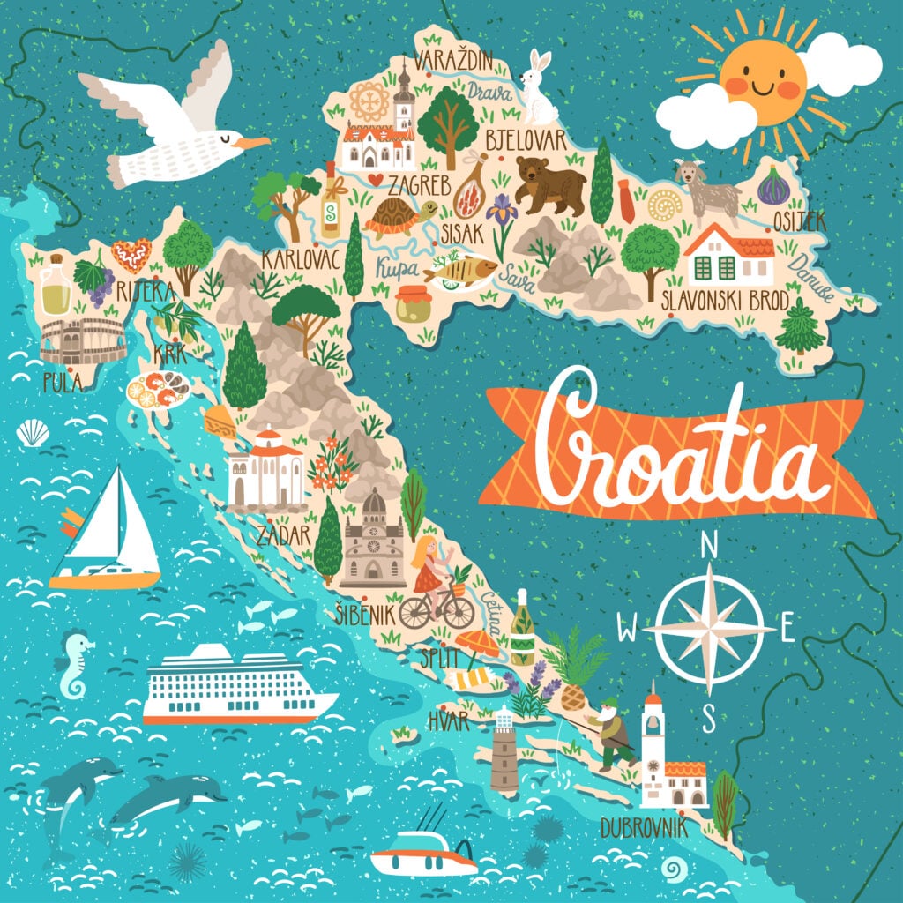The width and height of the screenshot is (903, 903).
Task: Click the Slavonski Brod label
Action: tap(725, 300)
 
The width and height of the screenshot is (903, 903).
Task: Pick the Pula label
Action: tap(62, 381)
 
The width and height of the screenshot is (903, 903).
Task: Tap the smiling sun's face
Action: tap(762, 81)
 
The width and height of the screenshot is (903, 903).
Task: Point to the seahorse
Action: tap(74, 662)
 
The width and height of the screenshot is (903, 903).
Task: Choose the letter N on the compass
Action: tap(707, 548)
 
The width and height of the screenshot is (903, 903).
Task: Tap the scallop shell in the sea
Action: tap(34, 432)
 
